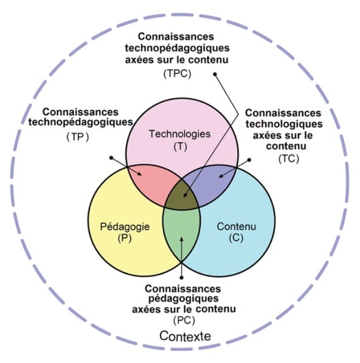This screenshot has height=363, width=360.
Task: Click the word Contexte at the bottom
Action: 185,336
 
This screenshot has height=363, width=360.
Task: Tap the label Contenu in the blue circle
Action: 236,227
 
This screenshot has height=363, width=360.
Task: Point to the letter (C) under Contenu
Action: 236,238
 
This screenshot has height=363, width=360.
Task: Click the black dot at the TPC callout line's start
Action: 215,75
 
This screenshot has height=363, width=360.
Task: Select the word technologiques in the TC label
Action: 284,124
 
